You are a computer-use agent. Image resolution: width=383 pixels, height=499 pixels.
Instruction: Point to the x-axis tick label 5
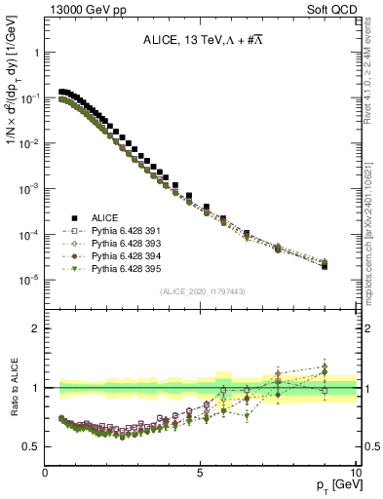click(x=200, y=472)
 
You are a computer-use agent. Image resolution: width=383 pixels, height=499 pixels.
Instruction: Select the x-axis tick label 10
click(x=356, y=472)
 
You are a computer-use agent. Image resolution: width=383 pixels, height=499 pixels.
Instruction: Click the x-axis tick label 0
click(x=45, y=472)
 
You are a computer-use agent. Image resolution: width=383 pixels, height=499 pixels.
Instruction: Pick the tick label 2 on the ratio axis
click(x=35, y=328)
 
